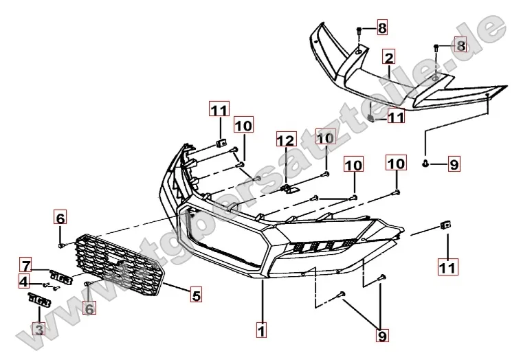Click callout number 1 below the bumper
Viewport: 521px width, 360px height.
[260, 331]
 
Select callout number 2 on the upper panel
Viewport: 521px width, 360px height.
[389, 57]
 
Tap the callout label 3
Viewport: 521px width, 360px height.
[38, 330]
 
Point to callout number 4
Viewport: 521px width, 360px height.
[24, 281]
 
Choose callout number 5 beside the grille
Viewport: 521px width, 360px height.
[196, 296]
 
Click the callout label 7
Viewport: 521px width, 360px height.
[25, 265]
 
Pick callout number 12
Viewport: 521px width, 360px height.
[285, 142]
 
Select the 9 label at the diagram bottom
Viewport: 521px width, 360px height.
[382, 336]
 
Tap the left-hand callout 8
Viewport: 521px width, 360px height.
[381, 28]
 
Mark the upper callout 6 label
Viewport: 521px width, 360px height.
[60, 218]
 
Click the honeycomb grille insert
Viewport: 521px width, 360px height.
[120, 265]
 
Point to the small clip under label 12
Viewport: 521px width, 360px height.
[289, 188]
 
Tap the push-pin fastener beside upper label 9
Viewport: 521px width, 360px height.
[426, 164]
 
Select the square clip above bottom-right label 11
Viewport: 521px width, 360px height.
[445, 225]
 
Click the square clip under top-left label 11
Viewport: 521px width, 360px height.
[220, 143]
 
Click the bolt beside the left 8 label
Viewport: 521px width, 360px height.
[359, 30]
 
